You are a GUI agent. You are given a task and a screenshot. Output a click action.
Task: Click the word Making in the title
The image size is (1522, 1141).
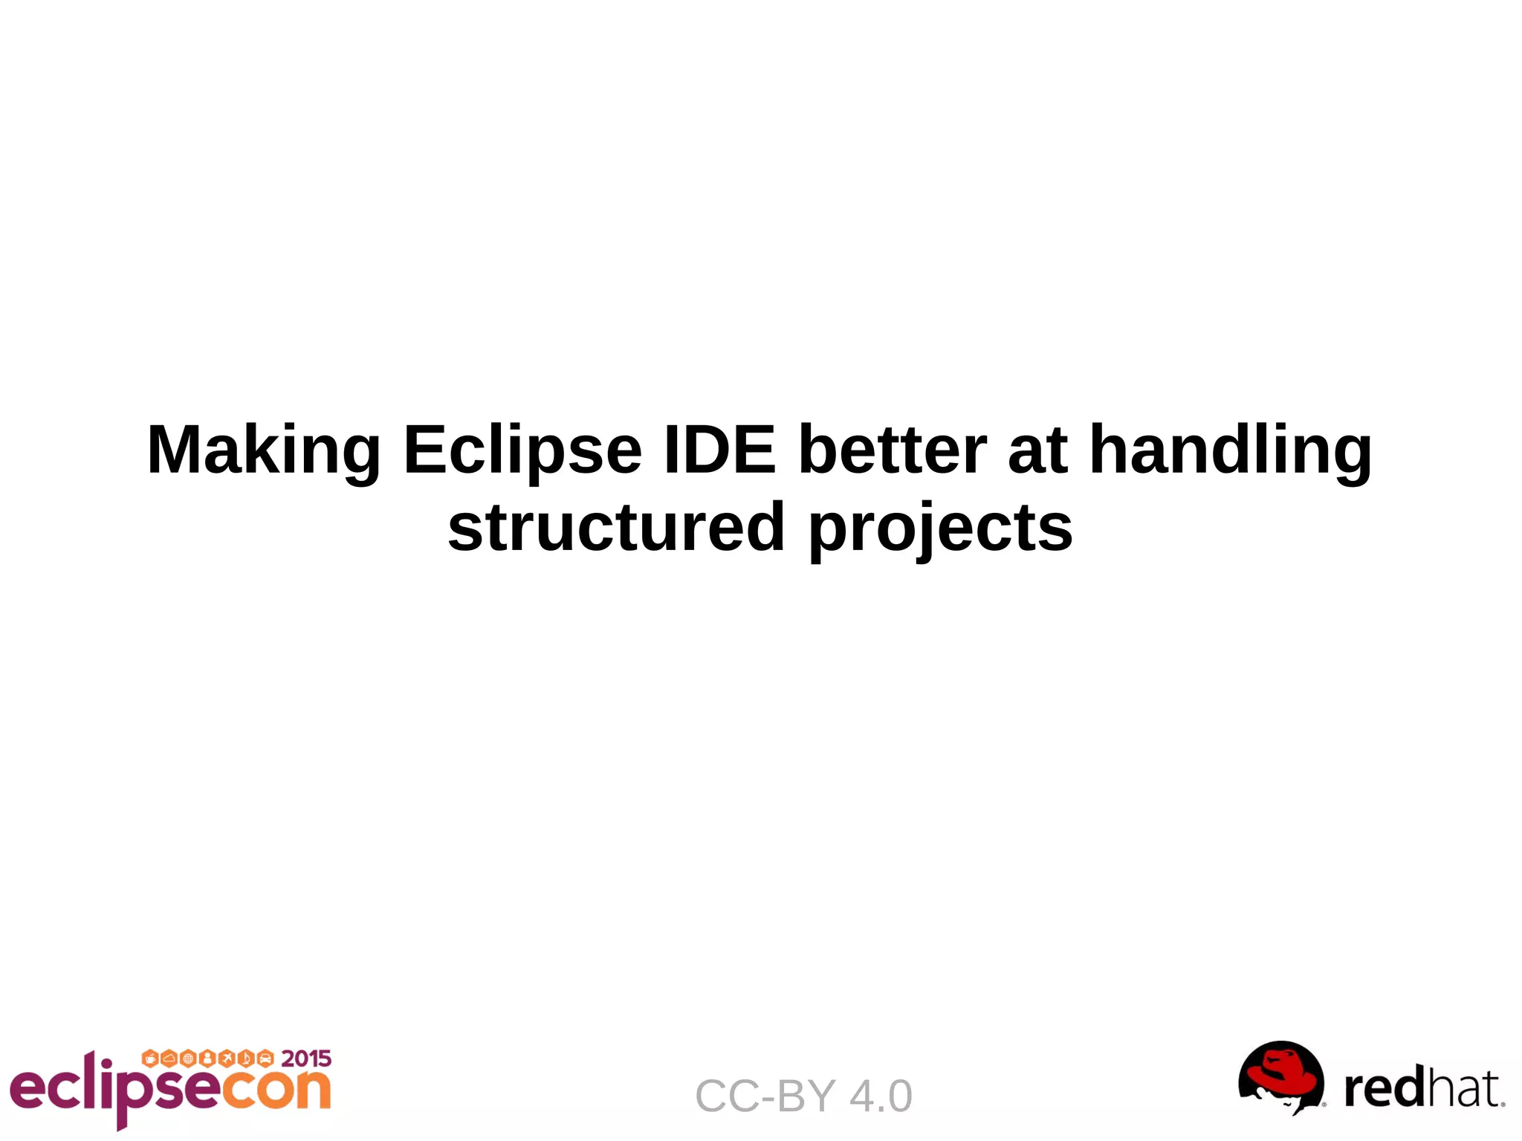[264, 450]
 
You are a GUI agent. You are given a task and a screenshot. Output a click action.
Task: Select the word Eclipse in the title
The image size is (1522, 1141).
[522, 450]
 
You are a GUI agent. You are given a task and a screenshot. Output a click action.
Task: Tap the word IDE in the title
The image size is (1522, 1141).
[719, 449]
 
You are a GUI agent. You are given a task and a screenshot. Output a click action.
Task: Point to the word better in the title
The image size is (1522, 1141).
[892, 449]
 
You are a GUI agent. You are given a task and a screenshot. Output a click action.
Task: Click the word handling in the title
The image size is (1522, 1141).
[1230, 450]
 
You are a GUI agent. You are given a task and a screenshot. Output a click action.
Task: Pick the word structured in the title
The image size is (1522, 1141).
[616, 527]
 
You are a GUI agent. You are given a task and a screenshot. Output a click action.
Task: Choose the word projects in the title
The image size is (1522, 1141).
[940, 529]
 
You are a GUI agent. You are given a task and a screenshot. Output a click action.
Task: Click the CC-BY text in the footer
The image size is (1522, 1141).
[765, 1096]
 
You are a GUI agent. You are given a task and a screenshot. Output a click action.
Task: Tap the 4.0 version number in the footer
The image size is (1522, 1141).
[881, 1096]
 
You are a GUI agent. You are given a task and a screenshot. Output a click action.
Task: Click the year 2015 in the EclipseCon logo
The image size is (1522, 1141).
[306, 1058]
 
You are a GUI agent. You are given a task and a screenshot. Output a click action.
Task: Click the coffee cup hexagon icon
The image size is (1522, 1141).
[149, 1058]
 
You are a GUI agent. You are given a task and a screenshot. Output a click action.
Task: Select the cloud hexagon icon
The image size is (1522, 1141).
[169, 1058]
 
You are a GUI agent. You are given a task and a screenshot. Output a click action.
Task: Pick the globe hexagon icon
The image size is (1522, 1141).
[188, 1058]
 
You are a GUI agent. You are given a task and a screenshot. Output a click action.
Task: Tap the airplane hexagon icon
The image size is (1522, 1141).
[227, 1058]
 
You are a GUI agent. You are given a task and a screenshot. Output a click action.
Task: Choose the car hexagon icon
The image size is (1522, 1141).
[265, 1058]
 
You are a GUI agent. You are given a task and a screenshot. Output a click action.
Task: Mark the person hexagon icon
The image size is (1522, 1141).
[207, 1058]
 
